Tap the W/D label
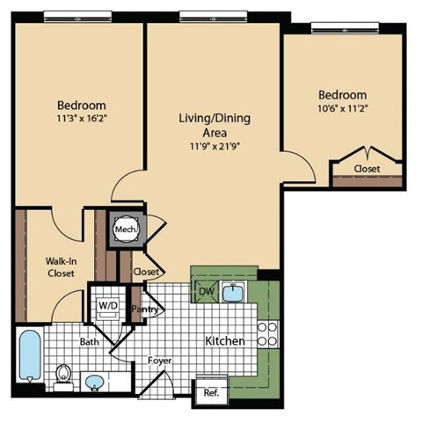(x=108, y=304)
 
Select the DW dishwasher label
(x=206, y=291)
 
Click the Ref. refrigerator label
(x=211, y=393)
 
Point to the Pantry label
(x=143, y=310)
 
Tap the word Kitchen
(x=224, y=340)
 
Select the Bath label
(x=90, y=341)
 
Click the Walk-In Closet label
(x=61, y=266)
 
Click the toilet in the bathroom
(x=62, y=377)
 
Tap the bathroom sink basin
(x=94, y=383)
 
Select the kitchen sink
(x=234, y=292)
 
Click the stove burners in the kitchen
(x=267, y=333)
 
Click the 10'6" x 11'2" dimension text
(x=342, y=108)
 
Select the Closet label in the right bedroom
(x=367, y=169)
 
